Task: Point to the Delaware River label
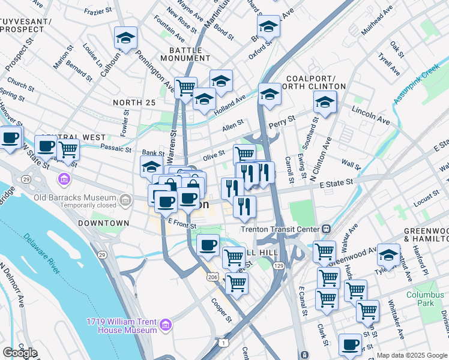[43, 254]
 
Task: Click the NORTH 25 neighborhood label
[134, 103]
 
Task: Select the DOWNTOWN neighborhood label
[103, 223]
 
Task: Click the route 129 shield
[280, 265]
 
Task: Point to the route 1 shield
[223, 343]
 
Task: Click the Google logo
[20, 353]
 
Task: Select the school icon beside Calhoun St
[126, 38]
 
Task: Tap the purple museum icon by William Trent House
[166, 326]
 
